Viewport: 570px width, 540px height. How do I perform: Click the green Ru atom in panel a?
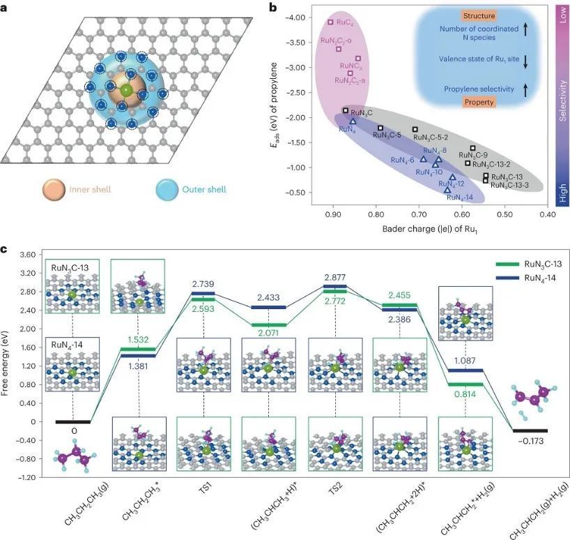coord(125,90)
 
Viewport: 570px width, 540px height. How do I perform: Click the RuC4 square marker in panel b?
coord(331,22)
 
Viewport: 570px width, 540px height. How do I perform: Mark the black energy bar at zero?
coord(73,421)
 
